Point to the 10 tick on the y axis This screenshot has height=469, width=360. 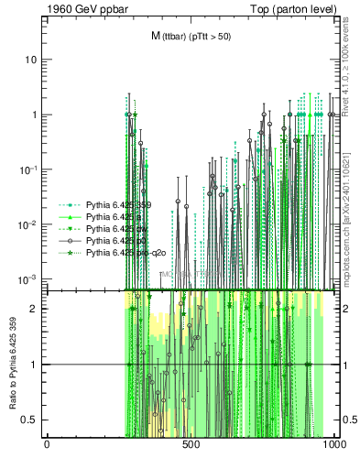(x=31, y=60)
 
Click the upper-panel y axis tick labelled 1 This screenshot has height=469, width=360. (x=34, y=115)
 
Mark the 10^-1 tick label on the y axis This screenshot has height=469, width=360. (x=28, y=169)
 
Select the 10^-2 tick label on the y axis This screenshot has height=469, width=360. (x=28, y=224)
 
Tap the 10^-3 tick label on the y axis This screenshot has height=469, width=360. (x=28, y=278)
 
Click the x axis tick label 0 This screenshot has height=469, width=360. (x=47, y=444)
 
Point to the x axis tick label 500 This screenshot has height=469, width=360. (x=191, y=444)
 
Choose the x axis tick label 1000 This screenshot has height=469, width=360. (x=334, y=444)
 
